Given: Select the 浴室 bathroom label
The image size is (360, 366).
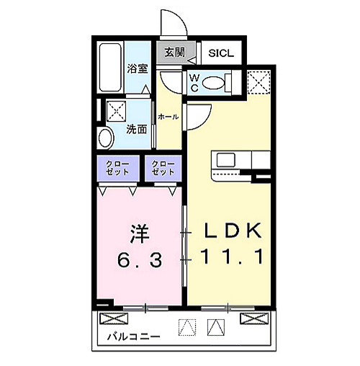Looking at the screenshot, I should click(x=137, y=68).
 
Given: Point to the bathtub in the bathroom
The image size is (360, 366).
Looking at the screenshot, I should click(x=109, y=68).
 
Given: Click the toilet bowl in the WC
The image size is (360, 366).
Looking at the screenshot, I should click(x=215, y=83).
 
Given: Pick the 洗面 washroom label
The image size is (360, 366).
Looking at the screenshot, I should click(x=137, y=130).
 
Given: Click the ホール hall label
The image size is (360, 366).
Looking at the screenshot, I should click(x=168, y=117).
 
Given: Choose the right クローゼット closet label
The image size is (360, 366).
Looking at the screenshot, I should click(x=162, y=169).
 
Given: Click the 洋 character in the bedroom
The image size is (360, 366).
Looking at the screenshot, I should click(x=139, y=234).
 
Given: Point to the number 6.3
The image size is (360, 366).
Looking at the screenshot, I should click(x=138, y=259).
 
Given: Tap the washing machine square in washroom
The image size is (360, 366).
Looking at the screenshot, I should click(x=117, y=111).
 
